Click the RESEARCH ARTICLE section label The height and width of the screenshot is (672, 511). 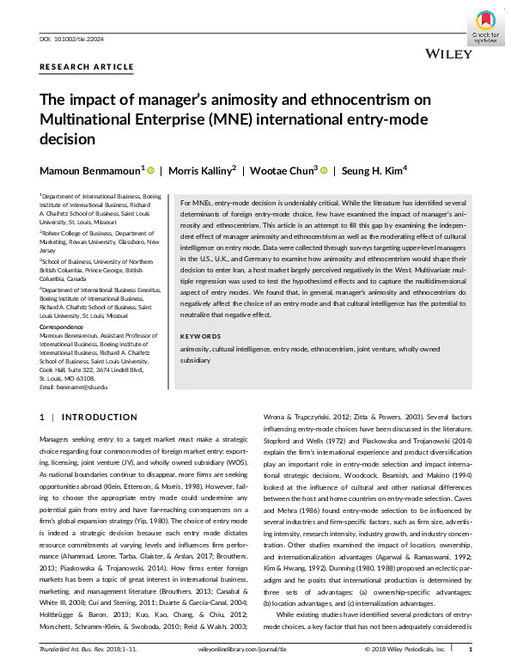(87, 67)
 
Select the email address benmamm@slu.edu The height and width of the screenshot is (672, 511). (83, 388)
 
